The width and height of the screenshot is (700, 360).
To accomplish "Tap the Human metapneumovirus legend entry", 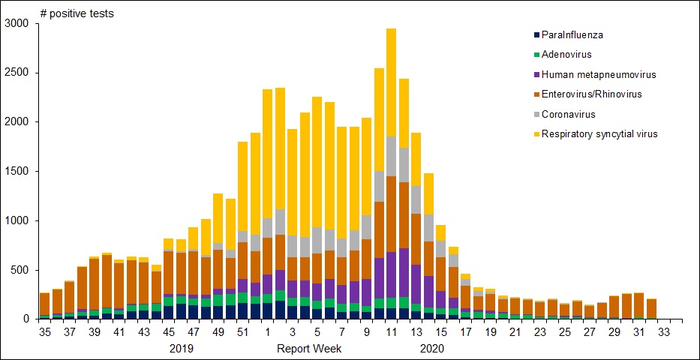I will [598, 74].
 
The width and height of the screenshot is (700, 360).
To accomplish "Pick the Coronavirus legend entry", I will [569, 114].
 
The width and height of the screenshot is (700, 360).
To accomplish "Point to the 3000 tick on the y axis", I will [17, 24].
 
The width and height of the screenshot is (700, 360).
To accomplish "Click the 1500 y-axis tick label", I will [17, 172].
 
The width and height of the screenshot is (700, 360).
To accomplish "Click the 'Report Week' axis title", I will [310, 349].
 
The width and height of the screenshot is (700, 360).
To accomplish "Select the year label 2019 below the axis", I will [182, 349].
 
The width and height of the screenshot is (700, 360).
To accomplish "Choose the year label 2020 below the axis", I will [432, 349].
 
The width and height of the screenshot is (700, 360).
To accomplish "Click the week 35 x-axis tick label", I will [44, 331].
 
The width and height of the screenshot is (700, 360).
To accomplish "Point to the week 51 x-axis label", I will [242, 331].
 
